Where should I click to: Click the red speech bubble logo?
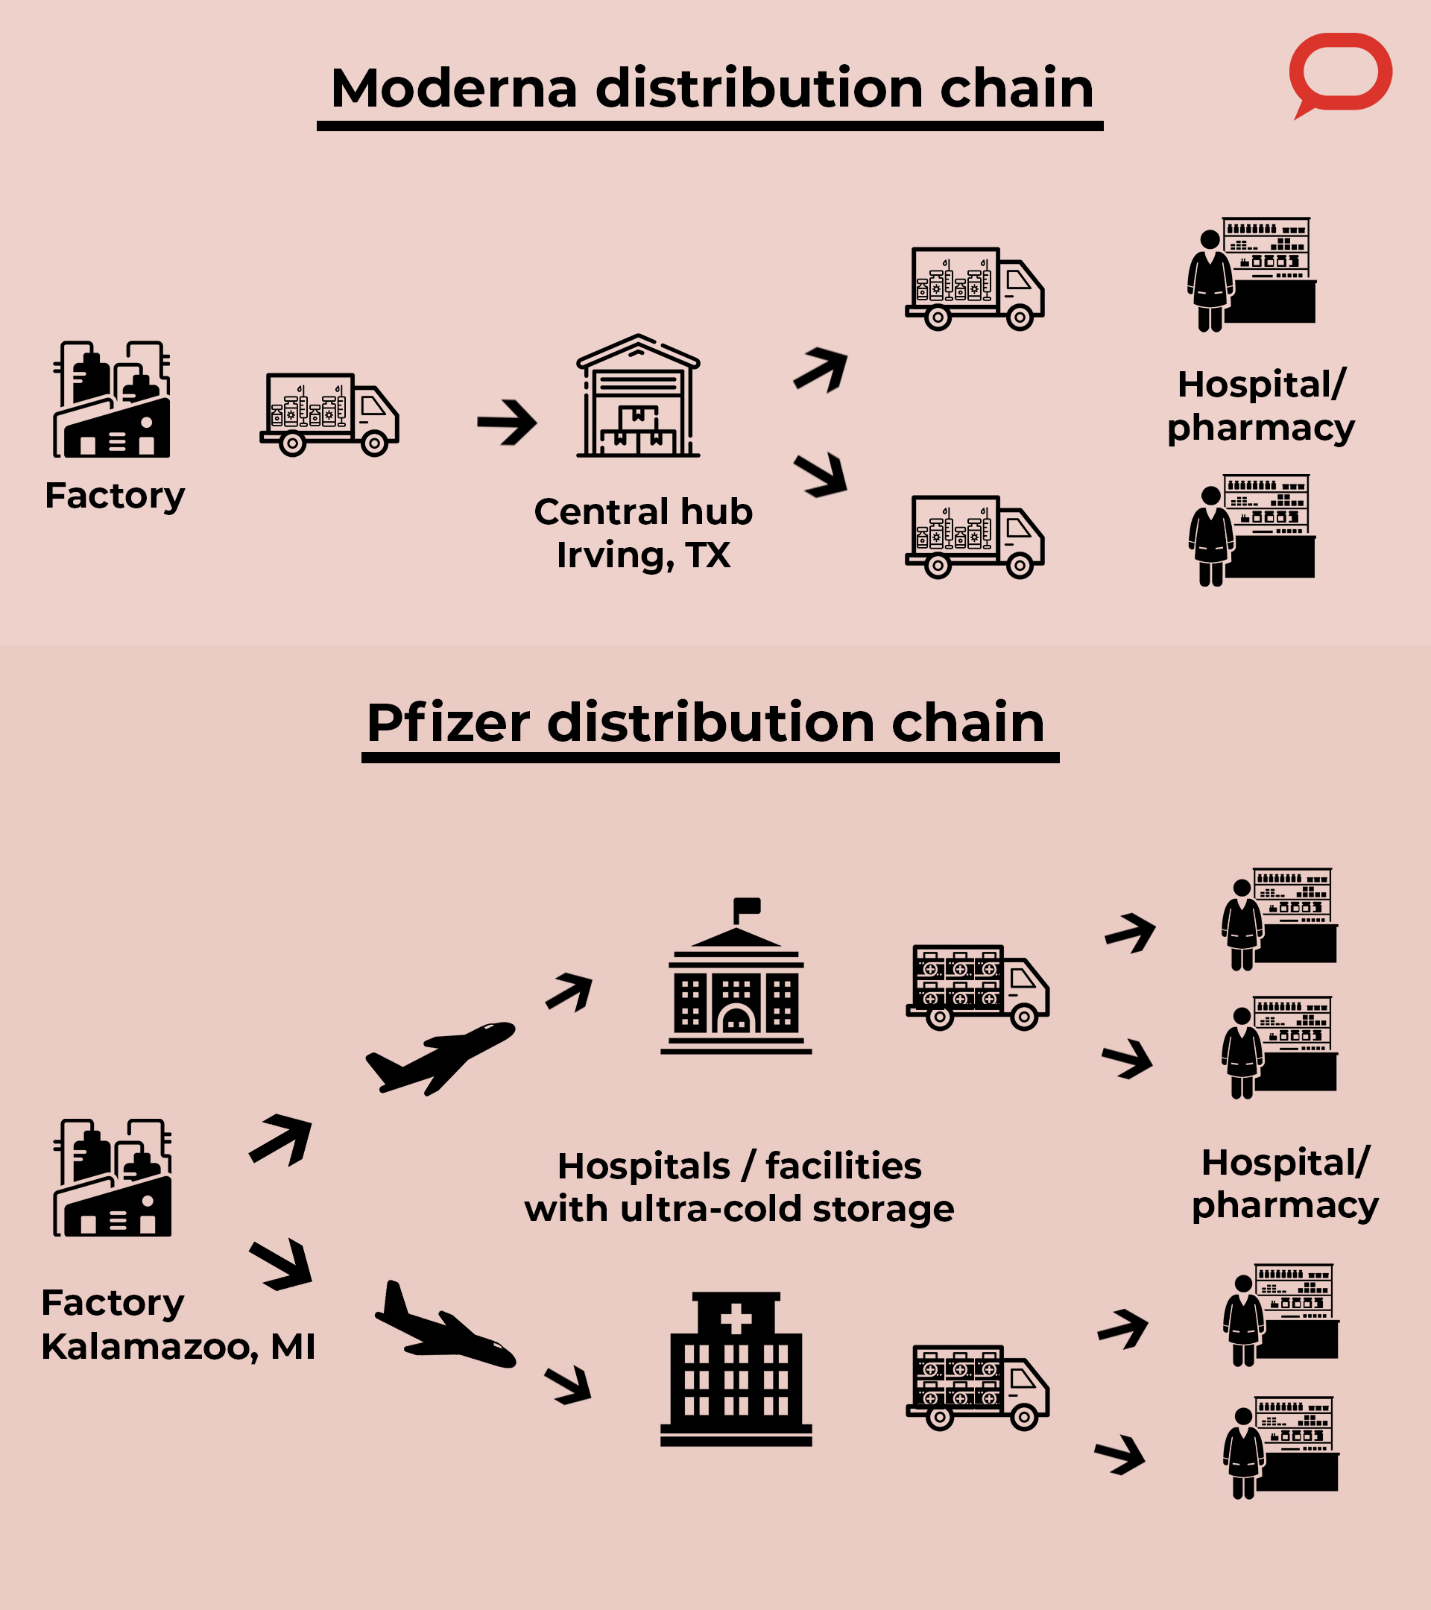pyautogui.click(x=1339, y=72)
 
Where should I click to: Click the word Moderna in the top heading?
pyautogui.click(x=455, y=88)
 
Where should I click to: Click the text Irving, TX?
pyautogui.click(x=642, y=555)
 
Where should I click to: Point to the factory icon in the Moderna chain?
pyautogui.click(x=112, y=400)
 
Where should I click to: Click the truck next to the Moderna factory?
pyautogui.click(x=329, y=414)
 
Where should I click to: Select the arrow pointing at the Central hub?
pyautogui.click(x=508, y=423)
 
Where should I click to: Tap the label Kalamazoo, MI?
pyautogui.click(x=178, y=1346)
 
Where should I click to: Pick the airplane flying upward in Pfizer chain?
pyautogui.click(x=440, y=1057)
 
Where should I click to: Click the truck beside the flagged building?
pyautogui.click(x=977, y=987)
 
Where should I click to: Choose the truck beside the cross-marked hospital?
pyautogui.click(x=977, y=1387)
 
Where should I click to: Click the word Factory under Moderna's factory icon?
pyautogui.click(x=115, y=496)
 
